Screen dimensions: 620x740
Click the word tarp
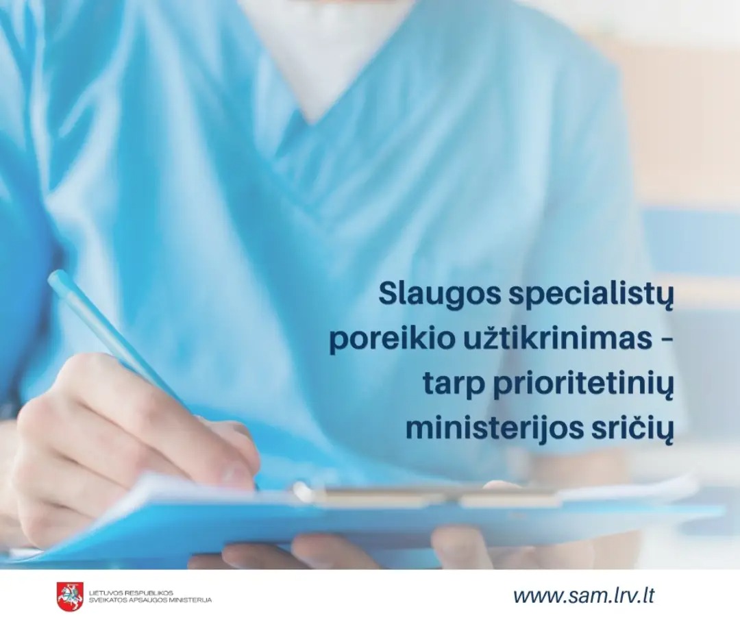451,386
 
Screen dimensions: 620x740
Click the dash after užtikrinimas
665,340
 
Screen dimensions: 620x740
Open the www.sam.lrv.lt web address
584,595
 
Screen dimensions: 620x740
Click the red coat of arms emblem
70,595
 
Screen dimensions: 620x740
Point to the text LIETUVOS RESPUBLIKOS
131,591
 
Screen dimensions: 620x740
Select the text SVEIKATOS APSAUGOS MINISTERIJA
150,600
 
